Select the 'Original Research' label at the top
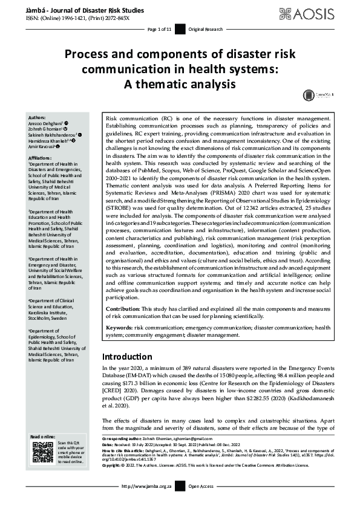point(205,29)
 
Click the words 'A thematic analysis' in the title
point(180,83)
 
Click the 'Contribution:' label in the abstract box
point(123,308)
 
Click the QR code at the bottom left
point(43,452)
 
